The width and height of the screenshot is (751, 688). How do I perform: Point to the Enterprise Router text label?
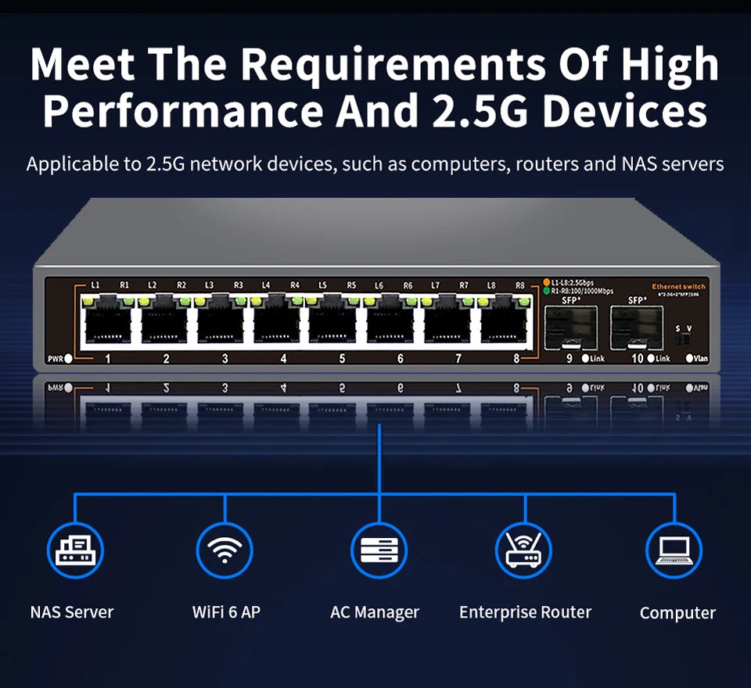click(525, 612)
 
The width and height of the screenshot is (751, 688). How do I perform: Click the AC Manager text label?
click(375, 613)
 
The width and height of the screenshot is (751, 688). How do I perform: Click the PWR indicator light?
click(69, 359)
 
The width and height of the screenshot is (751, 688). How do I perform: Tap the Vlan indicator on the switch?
click(690, 359)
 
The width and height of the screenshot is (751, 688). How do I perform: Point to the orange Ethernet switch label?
click(678, 287)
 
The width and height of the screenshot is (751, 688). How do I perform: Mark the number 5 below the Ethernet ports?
click(342, 359)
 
